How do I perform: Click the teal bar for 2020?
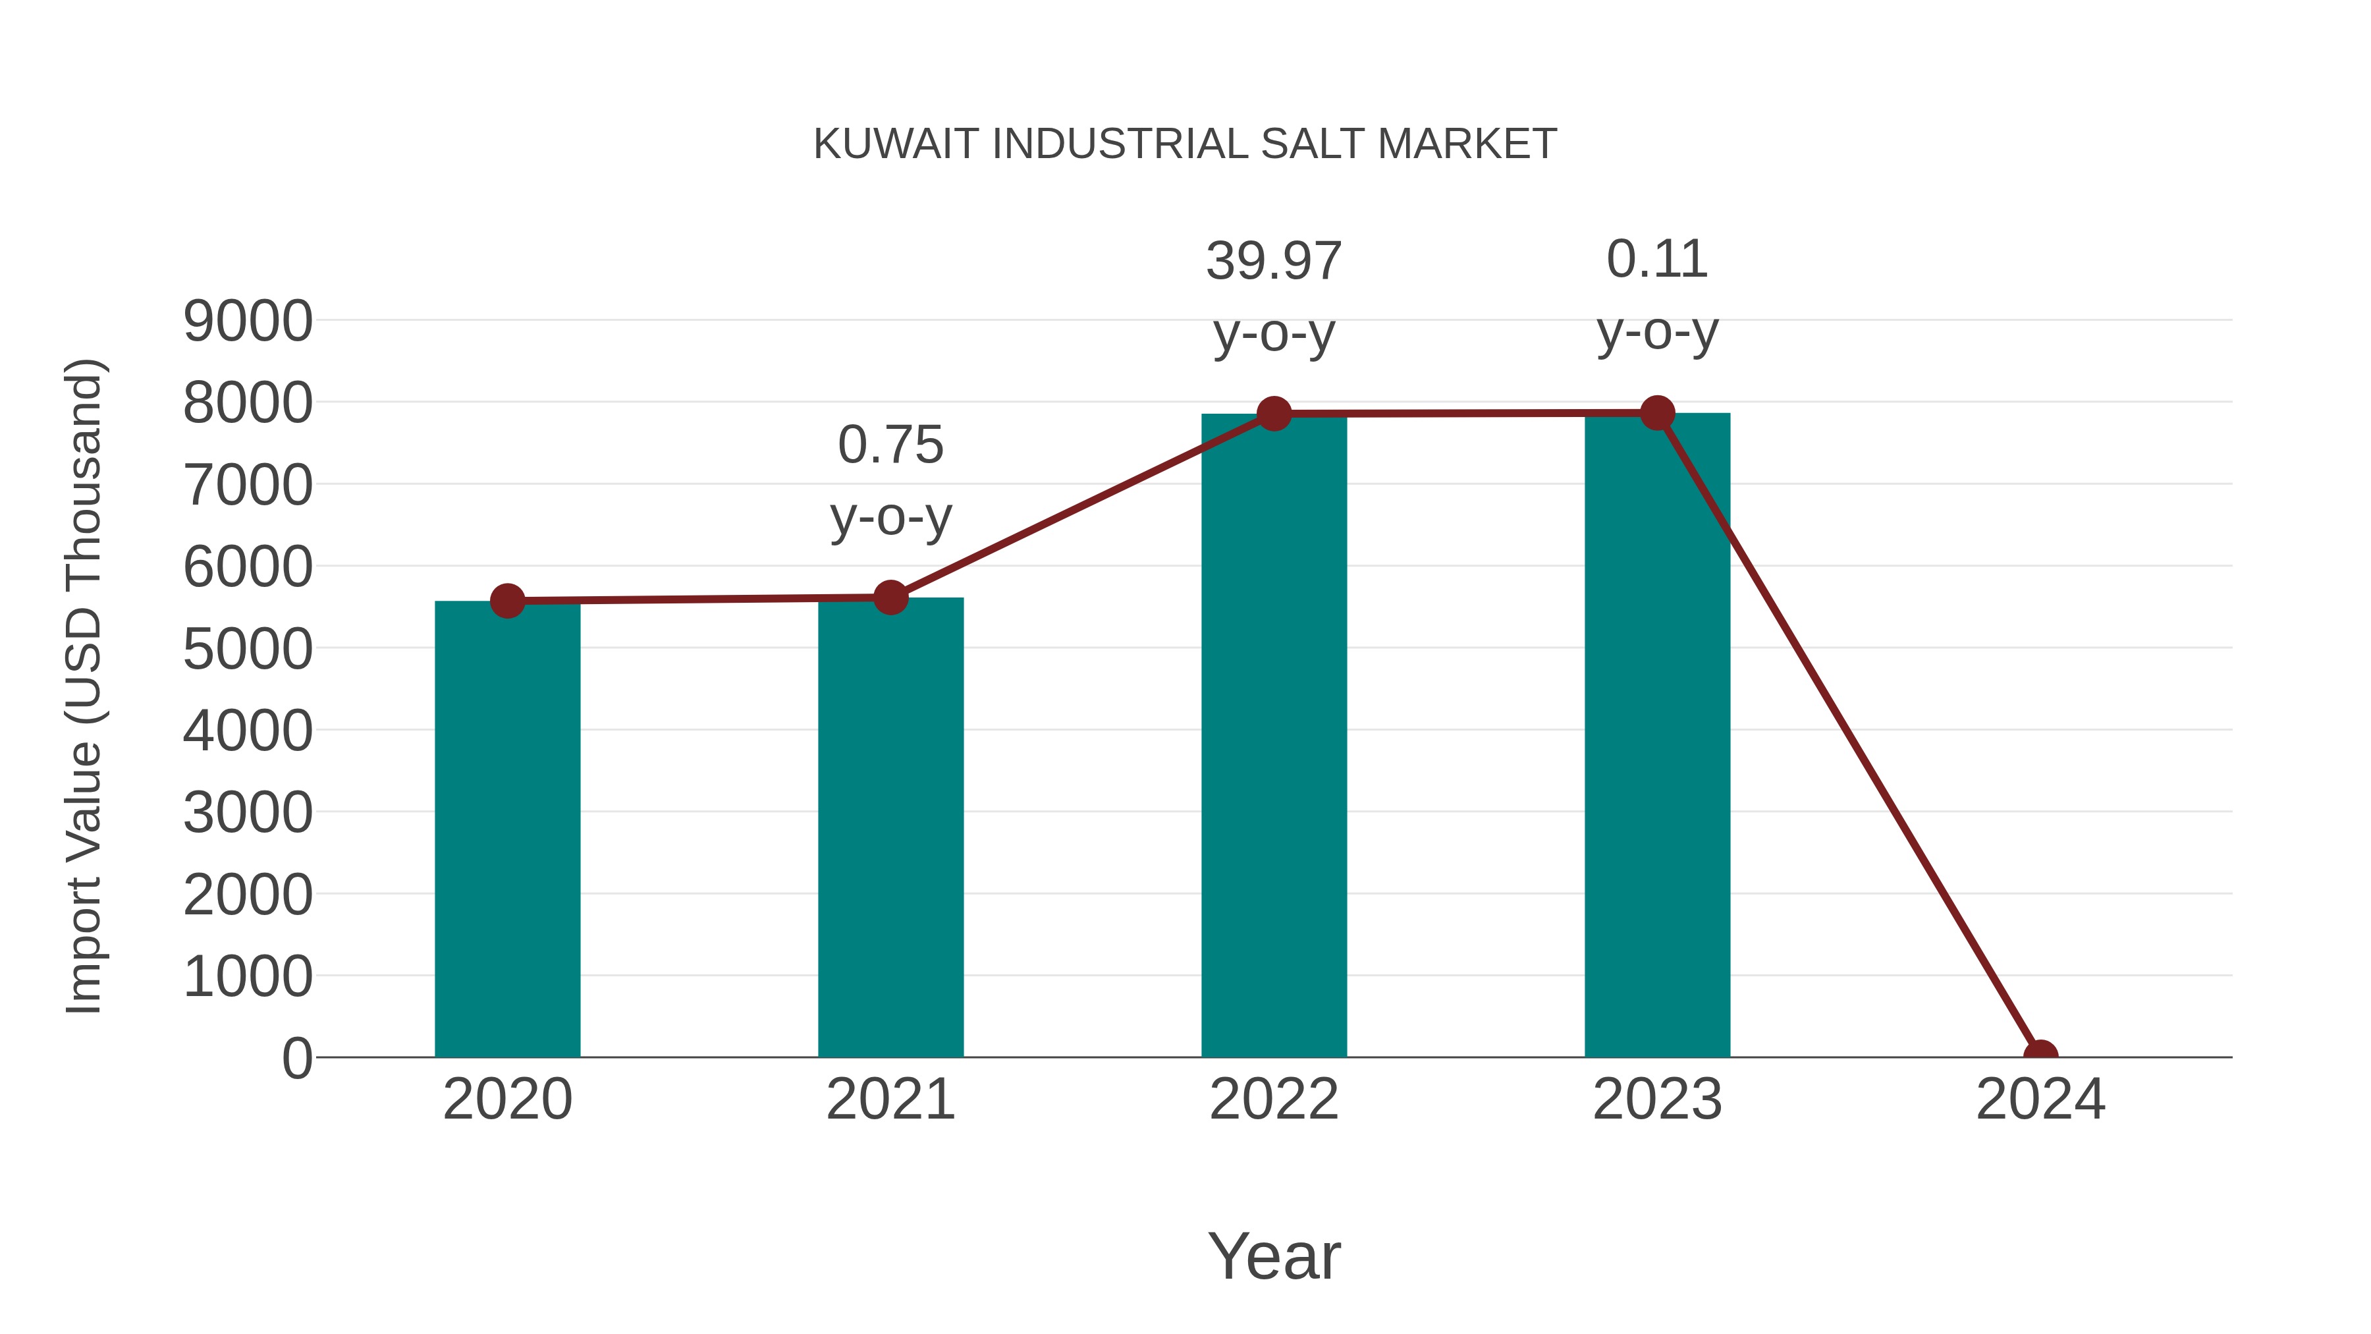point(507,829)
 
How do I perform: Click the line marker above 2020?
point(507,601)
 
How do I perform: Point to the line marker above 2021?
point(890,598)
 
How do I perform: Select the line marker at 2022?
point(1274,414)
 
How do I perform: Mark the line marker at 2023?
point(1657,413)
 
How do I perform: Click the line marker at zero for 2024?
point(2040,1055)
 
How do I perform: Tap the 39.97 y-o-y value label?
point(1274,262)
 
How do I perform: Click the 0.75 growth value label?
point(890,445)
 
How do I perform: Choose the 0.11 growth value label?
point(1657,260)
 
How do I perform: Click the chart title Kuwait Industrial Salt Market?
point(1185,144)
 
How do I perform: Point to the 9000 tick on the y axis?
point(248,321)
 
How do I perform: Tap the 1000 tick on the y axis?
point(248,977)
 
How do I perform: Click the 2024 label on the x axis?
point(2040,1099)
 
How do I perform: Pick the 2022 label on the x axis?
point(1274,1099)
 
